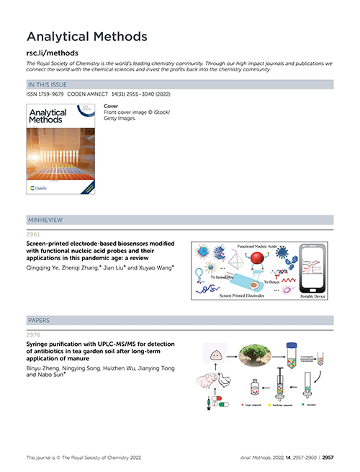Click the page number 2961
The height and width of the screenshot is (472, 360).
click(x=33, y=234)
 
